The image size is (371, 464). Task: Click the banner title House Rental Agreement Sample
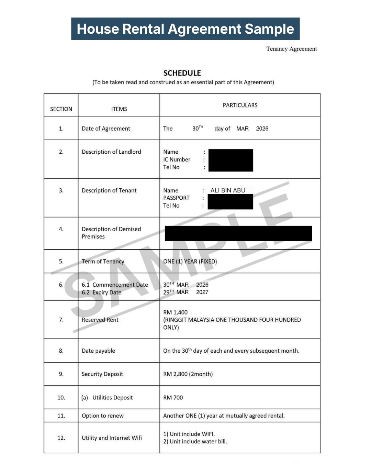click(185, 29)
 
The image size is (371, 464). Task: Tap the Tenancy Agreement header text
click(291, 49)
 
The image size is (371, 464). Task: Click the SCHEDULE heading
click(182, 73)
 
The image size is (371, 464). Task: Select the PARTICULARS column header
click(240, 105)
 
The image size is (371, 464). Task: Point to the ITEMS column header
click(119, 109)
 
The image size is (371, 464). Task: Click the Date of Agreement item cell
click(106, 129)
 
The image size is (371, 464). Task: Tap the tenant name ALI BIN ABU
click(228, 190)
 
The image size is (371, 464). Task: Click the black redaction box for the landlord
click(231, 160)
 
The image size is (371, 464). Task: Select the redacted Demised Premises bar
click(238, 233)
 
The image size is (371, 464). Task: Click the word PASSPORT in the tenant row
click(176, 198)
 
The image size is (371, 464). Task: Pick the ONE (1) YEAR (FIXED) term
click(190, 261)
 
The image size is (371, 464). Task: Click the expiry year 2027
click(202, 292)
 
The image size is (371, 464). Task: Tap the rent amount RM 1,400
click(175, 312)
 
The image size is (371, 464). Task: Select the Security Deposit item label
click(102, 374)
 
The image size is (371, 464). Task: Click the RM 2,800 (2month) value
click(188, 374)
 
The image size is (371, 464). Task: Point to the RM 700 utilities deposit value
click(173, 398)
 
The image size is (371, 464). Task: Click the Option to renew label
click(102, 416)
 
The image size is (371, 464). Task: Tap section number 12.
click(61, 438)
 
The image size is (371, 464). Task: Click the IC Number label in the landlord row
click(177, 159)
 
